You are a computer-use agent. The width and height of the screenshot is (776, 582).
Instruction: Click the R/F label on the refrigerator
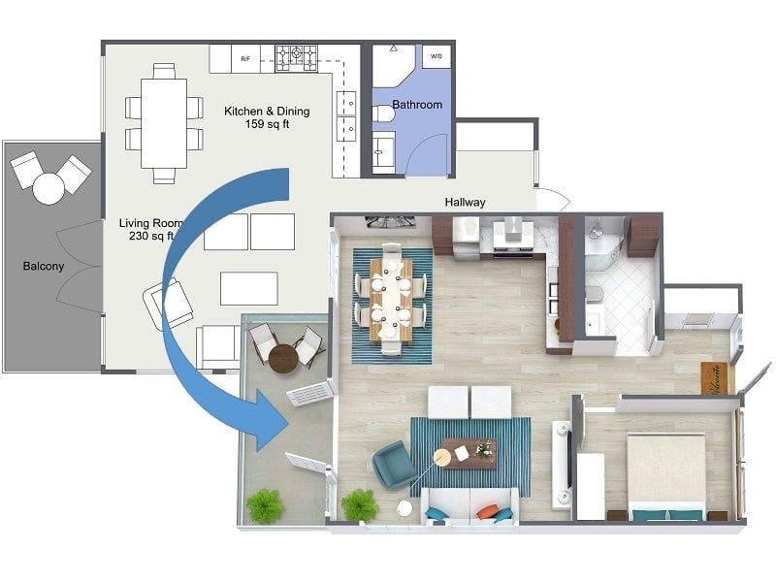tap(245, 57)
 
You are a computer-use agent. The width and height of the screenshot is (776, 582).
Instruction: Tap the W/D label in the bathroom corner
tap(436, 56)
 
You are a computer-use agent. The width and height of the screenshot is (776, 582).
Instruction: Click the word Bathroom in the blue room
tap(417, 105)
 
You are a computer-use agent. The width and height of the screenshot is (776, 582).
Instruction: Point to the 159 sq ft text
tap(267, 124)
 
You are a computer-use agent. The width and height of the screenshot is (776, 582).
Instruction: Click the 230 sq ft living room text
tap(145, 236)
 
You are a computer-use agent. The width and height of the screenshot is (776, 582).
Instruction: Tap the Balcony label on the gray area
tap(45, 266)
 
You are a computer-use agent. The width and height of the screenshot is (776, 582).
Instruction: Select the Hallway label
tap(465, 203)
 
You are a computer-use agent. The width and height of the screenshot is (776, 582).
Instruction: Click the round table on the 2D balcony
tap(48, 187)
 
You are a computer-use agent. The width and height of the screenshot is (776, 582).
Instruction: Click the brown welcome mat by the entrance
tap(714, 378)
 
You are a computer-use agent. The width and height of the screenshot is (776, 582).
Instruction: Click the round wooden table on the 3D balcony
tap(284, 359)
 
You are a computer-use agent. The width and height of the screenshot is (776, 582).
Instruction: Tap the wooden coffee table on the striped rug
tap(469, 452)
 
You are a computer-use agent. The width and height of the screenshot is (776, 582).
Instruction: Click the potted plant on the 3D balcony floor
tap(264, 505)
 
